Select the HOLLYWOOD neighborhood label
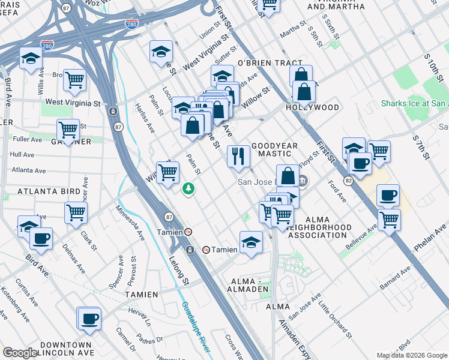pyautogui.click(x=312, y=107)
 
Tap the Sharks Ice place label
pyautogui.click(x=414, y=103)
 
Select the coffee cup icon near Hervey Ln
pyautogui.click(x=89, y=318)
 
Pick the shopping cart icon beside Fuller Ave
pyautogui.click(x=68, y=129)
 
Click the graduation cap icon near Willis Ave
pyautogui.click(x=29, y=58)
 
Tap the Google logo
pyautogui.click(x=20, y=353)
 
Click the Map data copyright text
pyautogui.click(x=412, y=355)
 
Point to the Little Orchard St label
pyautogui.click(x=336, y=317)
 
